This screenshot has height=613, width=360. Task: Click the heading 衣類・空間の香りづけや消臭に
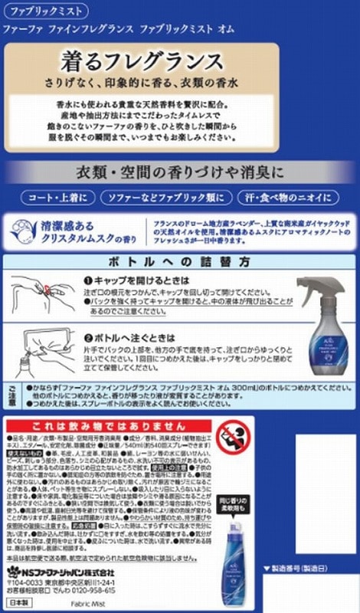pyautogui.click(x=180, y=169)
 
